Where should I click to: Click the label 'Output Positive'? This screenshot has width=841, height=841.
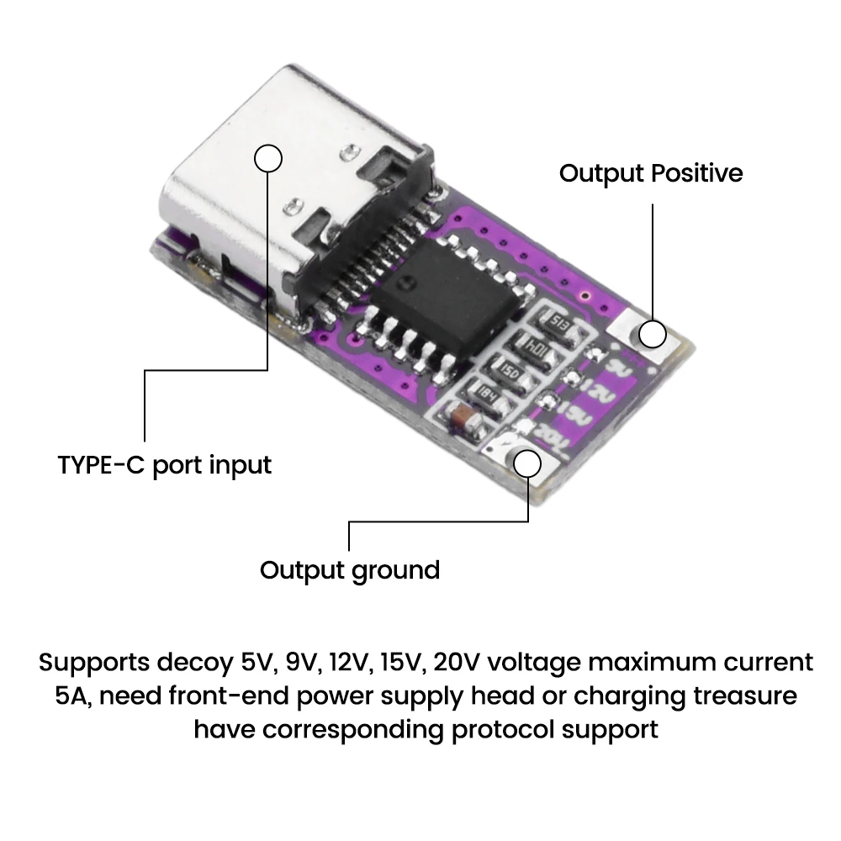(651, 173)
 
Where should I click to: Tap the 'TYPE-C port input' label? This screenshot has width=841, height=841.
(165, 464)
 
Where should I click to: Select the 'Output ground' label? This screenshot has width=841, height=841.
(349, 569)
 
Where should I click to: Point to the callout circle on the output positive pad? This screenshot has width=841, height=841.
(652, 333)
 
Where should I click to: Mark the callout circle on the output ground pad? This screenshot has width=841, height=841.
(528, 463)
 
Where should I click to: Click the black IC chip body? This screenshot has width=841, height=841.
(447, 303)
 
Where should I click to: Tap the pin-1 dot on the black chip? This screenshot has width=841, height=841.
(407, 283)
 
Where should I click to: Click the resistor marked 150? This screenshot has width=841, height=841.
(510, 368)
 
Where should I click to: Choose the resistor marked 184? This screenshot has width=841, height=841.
(486, 391)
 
